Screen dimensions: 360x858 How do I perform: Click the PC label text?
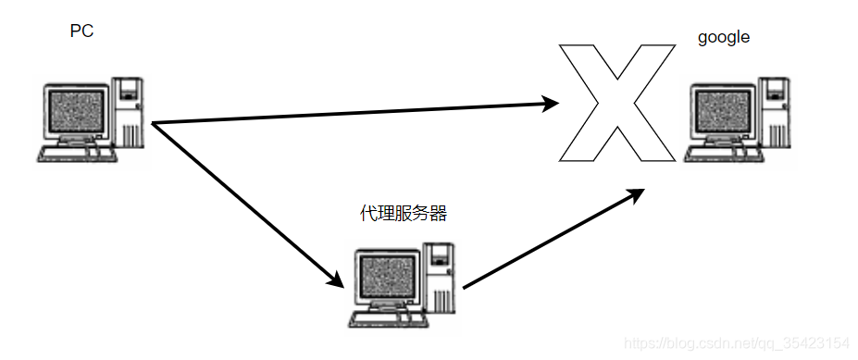pos(82,31)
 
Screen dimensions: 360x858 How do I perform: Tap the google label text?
pos(723,38)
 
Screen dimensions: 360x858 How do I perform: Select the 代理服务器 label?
pos(403,214)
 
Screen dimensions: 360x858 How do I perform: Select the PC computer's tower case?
pos(129,113)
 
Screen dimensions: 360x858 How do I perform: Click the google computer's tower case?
pos(776,113)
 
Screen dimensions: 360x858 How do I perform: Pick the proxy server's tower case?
pos(441,277)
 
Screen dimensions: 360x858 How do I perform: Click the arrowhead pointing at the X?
pos(551,103)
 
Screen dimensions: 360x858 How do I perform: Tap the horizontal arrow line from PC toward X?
pos(352,113)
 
